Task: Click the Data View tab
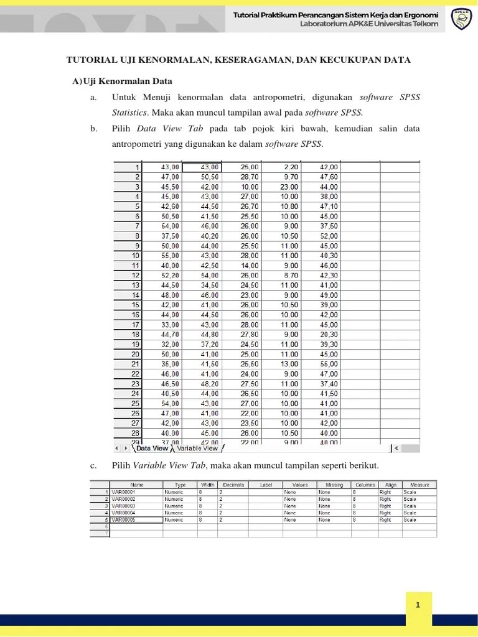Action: (x=152, y=448)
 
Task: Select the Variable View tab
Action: (x=197, y=448)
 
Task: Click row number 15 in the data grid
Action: (x=134, y=305)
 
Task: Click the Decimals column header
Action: (x=233, y=485)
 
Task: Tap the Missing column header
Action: (x=334, y=485)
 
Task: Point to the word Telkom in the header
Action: (x=424, y=24)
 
